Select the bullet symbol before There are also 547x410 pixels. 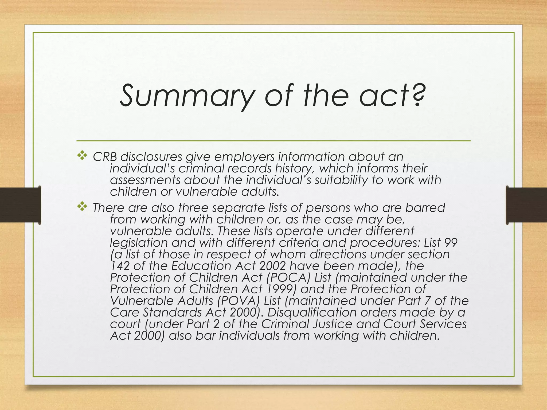[82, 207]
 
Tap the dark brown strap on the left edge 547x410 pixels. [20, 205]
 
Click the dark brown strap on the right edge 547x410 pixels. [527, 205]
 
